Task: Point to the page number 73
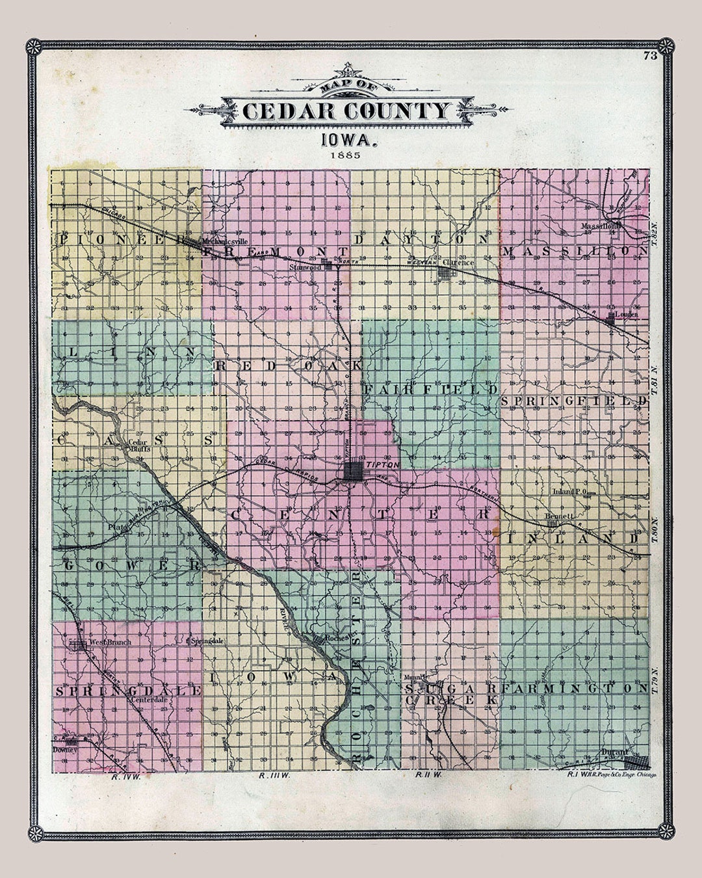point(649,56)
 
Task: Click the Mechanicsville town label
point(221,239)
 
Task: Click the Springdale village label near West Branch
point(209,641)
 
